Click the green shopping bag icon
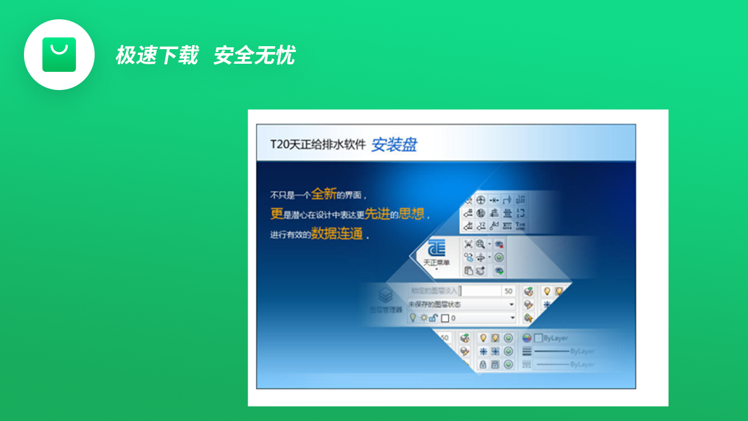(59, 54)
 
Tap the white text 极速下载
(157, 56)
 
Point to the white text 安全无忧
(254, 56)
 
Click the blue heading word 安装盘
(394, 144)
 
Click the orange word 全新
(324, 194)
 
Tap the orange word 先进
(377, 214)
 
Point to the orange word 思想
(411, 214)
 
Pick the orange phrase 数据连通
(337, 234)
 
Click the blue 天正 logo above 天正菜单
(437, 248)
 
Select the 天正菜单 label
(437, 263)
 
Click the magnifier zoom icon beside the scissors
(480, 244)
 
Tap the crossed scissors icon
(468, 244)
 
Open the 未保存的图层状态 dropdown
(461, 305)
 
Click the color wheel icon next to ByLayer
(527, 338)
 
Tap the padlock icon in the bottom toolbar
(483, 364)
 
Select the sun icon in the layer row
(423, 318)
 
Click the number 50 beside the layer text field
(508, 291)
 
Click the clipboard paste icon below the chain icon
(468, 271)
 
